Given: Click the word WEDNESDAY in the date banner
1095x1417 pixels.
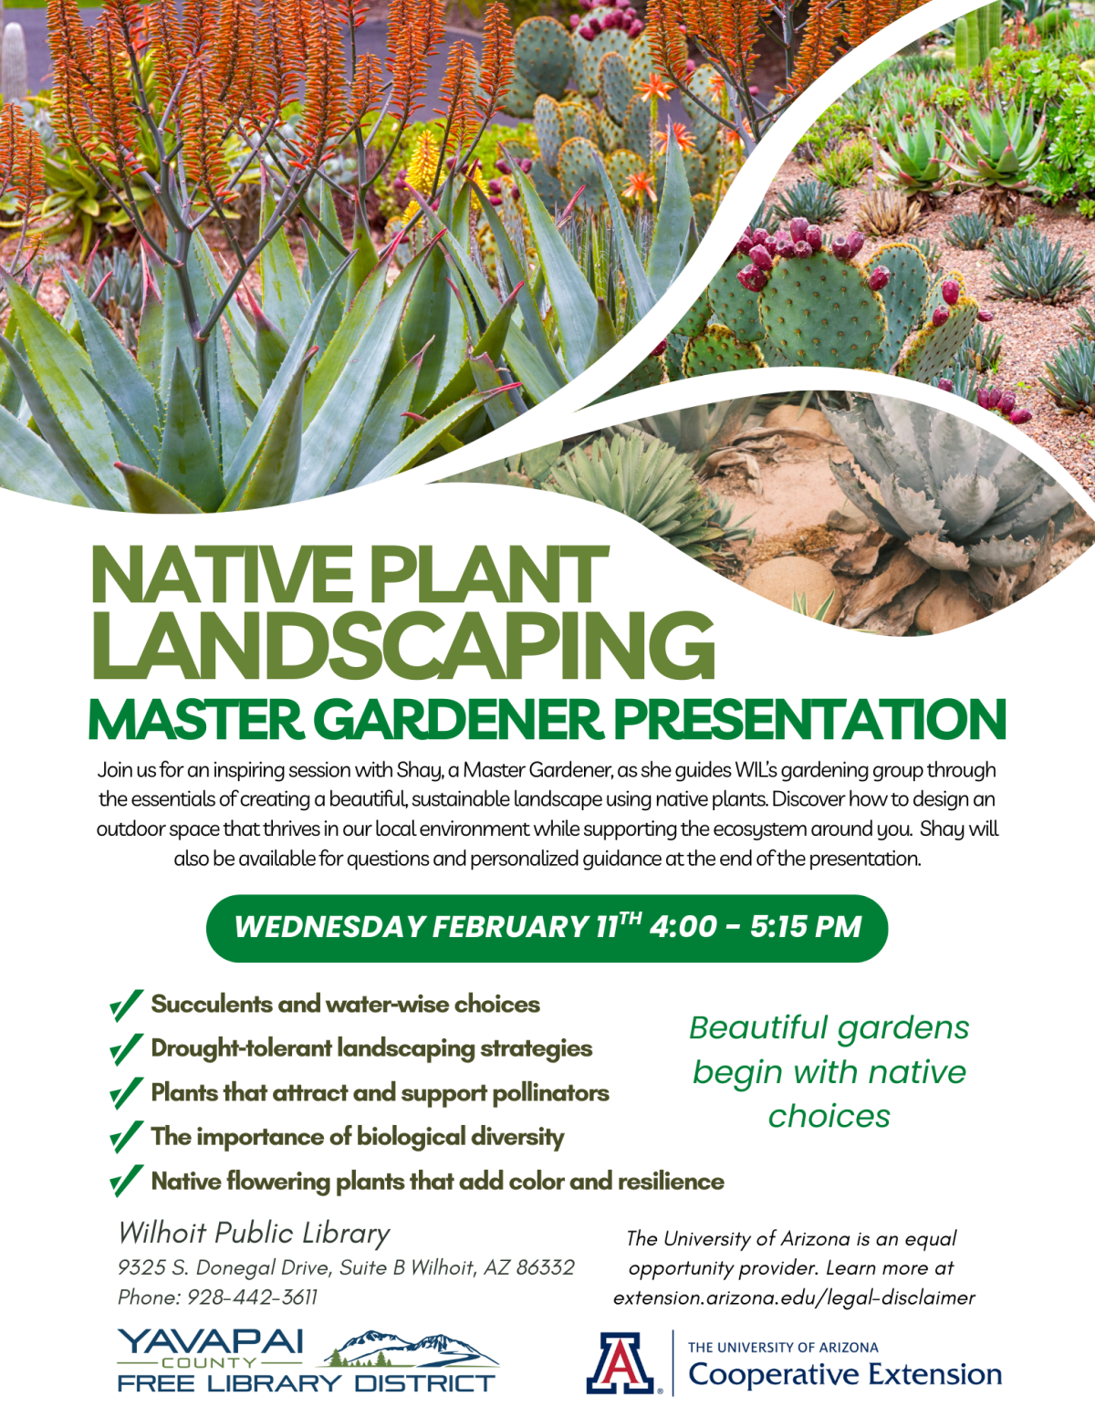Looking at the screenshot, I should [328, 927].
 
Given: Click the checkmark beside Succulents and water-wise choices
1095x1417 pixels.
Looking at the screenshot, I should [126, 1005].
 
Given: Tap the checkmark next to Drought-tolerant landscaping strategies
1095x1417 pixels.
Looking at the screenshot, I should [126, 1049].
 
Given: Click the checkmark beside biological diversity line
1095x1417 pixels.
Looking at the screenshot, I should [126, 1137].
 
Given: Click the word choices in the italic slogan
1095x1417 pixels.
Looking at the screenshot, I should [829, 1116].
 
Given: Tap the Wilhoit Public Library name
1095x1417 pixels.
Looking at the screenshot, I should [254, 1233].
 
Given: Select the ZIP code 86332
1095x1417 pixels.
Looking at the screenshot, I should [545, 1267].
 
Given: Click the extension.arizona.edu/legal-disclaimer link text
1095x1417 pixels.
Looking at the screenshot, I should [794, 1297].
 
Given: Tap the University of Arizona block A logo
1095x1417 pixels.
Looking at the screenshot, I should [620, 1363].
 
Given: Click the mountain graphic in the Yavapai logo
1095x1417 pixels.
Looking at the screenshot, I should [411, 1348].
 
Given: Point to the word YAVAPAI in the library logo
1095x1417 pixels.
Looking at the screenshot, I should [211, 1341].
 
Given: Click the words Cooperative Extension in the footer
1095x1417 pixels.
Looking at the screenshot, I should [844, 1374].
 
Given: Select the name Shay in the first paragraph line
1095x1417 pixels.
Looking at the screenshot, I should [419, 770].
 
